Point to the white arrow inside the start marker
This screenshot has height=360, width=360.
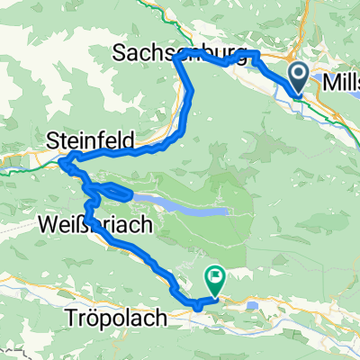click(x=300, y=75)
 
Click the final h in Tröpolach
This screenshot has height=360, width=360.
click(x=155, y=318)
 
